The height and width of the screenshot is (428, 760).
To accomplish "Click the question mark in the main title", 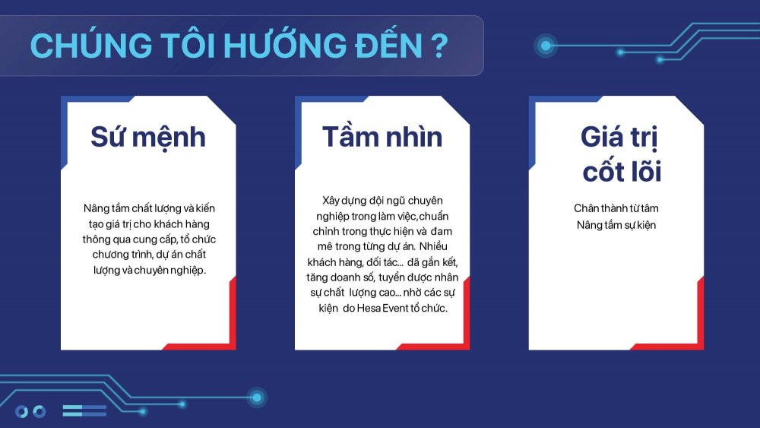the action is pyautogui.click(x=439, y=46).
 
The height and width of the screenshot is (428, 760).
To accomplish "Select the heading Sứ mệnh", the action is pyautogui.click(x=148, y=138).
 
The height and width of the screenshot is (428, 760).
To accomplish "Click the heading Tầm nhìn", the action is pyautogui.click(x=382, y=136).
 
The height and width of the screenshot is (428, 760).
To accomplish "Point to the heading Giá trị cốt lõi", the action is pyautogui.click(x=622, y=154).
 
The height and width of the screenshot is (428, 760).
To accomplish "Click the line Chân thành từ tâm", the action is pyautogui.click(x=616, y=208).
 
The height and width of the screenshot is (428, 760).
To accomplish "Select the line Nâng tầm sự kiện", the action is pyautogui.click(x=616, y=225).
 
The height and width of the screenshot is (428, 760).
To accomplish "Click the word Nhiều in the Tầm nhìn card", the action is pyautogui.click(x=434, y=246).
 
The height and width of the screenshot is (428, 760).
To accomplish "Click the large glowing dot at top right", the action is pyautogui.click(x=546, y=46).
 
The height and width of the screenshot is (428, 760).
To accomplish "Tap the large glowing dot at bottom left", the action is pyautogui.click(x=257, y=398).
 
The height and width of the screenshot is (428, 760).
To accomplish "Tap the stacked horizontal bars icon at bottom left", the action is pyautogui.click(x=84, y=411).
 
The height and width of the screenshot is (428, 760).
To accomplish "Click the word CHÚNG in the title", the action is pyautogui.click(x=90, y=45).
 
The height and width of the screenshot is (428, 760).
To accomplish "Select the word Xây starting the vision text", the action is pyautogui.click(x=331, y=201).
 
